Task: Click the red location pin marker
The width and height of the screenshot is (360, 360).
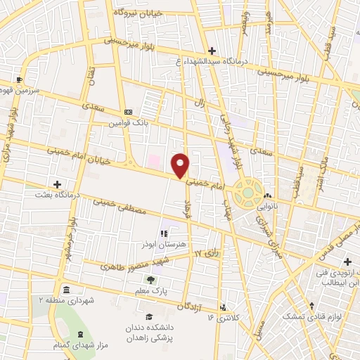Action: pos(181,165)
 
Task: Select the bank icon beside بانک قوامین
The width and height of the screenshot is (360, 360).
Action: pos(128,111)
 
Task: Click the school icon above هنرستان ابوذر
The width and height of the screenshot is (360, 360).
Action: pos(163,233)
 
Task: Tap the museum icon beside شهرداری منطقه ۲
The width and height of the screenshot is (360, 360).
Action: pos(65,290)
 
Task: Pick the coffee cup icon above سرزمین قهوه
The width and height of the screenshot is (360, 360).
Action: pos(20,80)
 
